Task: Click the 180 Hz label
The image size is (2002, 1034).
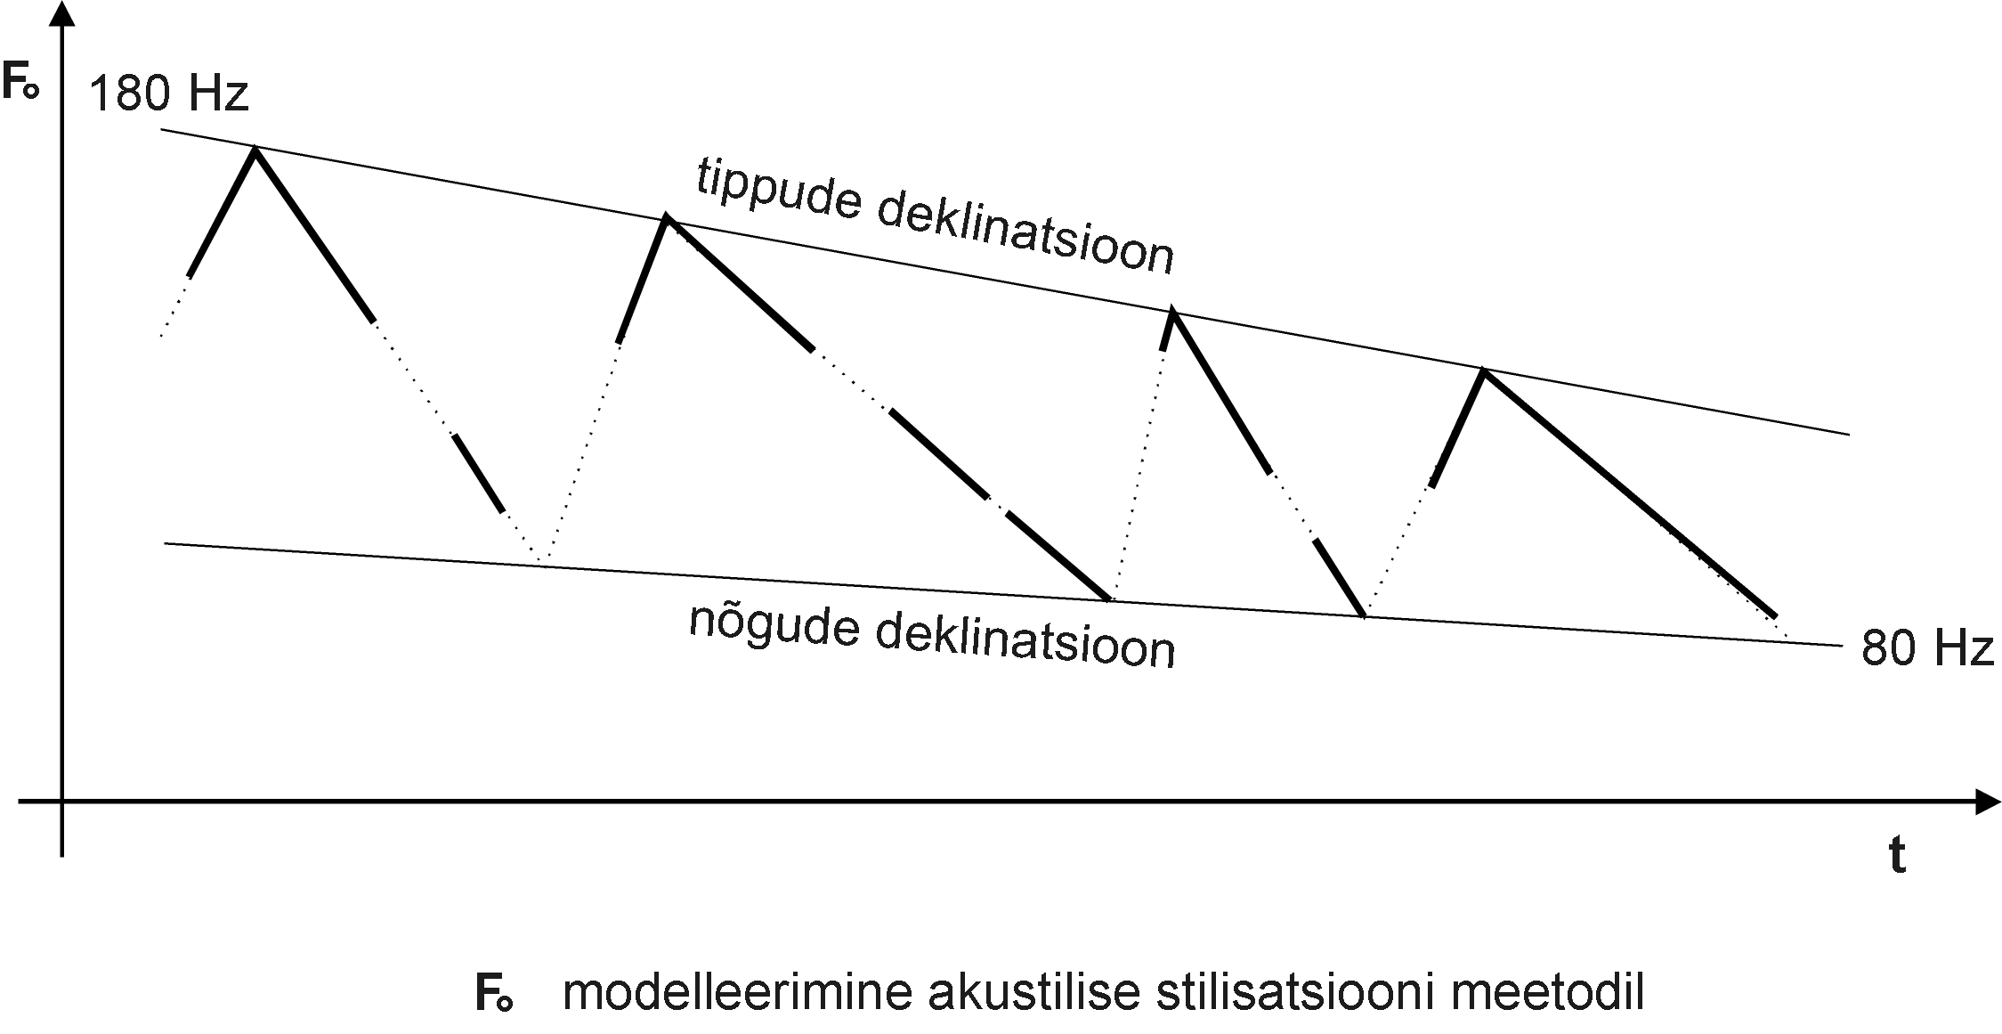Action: click(x=168, y=94)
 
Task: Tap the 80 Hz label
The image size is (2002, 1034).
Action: click(x=1925, y=648)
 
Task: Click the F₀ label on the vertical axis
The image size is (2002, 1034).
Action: click(x=20, y=83)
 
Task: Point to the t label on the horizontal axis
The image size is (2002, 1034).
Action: click(x=1897, y=856)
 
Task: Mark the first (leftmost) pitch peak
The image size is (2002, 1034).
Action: click(x=256, y=151)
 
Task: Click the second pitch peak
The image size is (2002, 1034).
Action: click(x=666, y=219)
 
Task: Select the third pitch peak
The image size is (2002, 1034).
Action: click(x=1172, y=312)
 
